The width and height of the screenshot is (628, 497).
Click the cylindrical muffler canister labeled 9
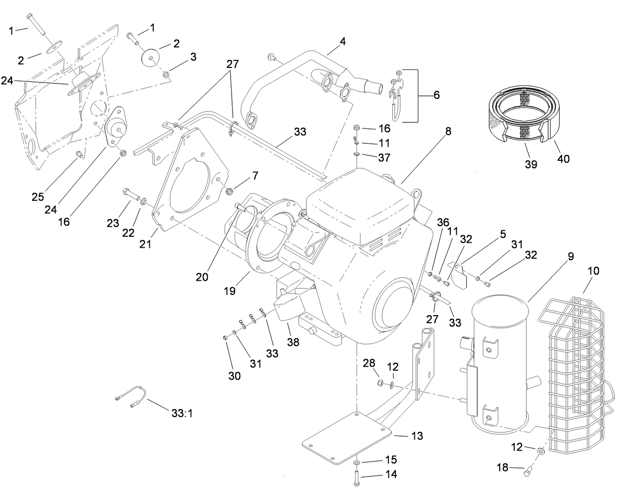pos(499,360)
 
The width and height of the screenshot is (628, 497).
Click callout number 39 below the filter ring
pos(531,164)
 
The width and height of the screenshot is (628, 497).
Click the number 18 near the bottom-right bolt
pos(502,468)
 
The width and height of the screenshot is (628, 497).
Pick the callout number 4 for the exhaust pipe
pos(342,42)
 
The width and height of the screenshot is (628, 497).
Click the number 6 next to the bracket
pos(436,95)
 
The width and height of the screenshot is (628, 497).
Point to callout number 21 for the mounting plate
pos(145,244)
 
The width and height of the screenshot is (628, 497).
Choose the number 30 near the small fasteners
pos(235,376)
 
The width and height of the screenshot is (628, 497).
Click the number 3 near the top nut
pos(193,56)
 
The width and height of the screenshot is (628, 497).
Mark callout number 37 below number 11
pos(383,157)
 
